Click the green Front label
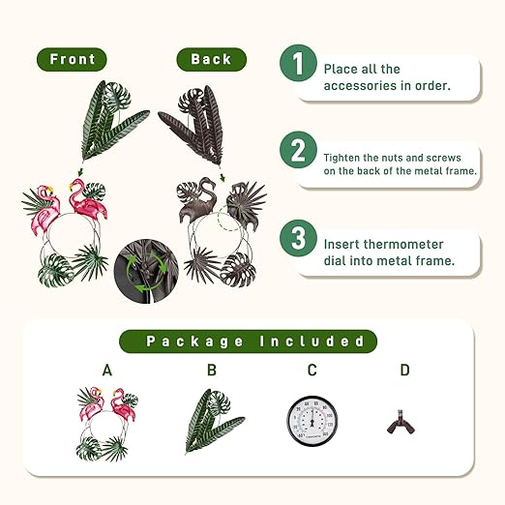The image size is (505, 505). coord(72,59)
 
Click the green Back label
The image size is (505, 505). coord(212,59)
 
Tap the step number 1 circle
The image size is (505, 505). coord(298,63)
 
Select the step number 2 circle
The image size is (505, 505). coord(298,150)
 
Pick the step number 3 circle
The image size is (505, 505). coord(298,238)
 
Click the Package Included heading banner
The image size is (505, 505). coord(248,342)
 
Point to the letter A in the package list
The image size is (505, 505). coord(107,371)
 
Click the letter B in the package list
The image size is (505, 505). coord(212,371)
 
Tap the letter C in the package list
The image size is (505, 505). coord(312,371)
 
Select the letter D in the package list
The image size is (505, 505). coord(404,371)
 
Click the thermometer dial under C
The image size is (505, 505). coord(312,421)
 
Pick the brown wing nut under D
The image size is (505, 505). coord(401,422)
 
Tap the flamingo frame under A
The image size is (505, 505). coord(107,424)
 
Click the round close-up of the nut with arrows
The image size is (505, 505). coord(146,271)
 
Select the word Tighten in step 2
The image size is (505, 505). coord(342,158)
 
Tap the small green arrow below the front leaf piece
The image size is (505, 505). coord(80,171)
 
